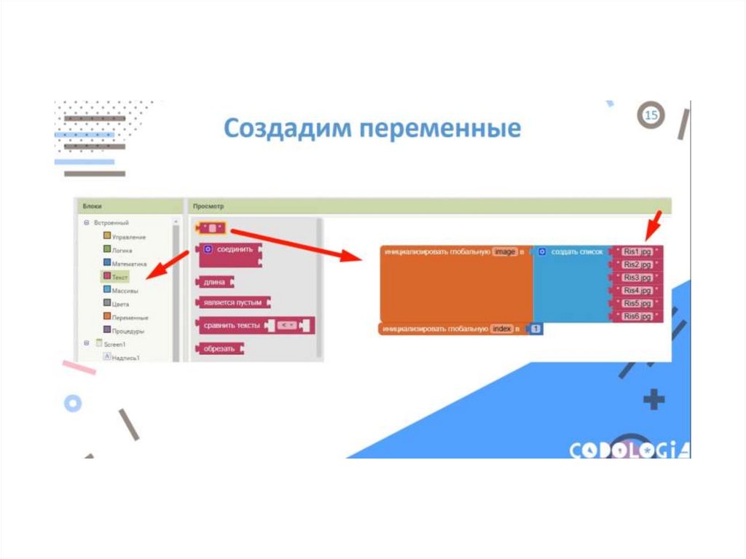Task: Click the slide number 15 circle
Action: [651, 116]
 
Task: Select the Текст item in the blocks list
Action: [119, 277]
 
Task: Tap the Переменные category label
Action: [130, 317]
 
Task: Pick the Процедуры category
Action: [128, 330]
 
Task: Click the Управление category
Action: [129, 237]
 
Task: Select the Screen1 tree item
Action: [114, 344]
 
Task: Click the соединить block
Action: [235, 249]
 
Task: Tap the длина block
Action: [215, 282]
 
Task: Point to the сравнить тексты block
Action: [232, 325]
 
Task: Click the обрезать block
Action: [219, 349]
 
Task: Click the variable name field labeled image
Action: [504, 251]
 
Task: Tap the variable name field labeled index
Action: [502, 329]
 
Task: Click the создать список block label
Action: [576, 251]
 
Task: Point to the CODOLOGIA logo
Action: [629, 450]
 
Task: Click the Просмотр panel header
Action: [209, 207]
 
